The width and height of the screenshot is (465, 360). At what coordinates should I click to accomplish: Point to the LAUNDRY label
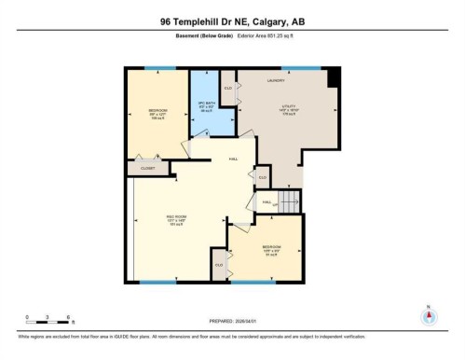click(x=276, y=81)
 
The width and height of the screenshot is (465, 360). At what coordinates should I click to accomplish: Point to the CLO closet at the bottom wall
click(x=219, y=265)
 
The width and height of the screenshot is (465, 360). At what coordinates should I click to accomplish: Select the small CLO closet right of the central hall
click(x=263, y=176)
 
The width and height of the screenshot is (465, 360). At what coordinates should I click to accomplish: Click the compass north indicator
click(x=429, y=315)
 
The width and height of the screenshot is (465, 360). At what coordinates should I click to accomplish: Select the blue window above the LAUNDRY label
click(x=296, y=68)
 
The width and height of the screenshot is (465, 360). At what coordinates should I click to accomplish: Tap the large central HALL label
click(x=232, y=159)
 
